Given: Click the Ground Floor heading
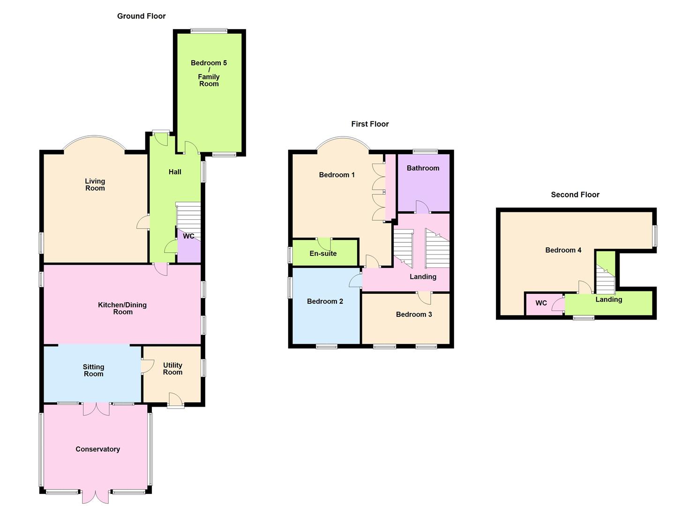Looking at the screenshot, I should click(x=141, y=16).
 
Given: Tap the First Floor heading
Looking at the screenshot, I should click(x=370, y=124).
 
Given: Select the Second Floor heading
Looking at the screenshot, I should click(x=575, y=194).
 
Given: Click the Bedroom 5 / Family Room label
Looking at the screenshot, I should click(x=209, y=73).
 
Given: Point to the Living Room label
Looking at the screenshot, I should click(x=95, y=185).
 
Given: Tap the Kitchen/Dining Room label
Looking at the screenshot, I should click(x=122, y=308).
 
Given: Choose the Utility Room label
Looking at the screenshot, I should click(x=172, y=369).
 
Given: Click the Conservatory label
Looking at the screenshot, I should click(x=97, y=449).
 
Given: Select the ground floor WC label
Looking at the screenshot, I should click(x=188, y=236).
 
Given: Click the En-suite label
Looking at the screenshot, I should click(x=323, y=253).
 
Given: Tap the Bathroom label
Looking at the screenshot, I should click(x=423, y=168).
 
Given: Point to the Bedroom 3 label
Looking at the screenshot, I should click(x=414, y=314).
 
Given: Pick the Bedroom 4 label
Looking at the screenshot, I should click(x=563, y=250).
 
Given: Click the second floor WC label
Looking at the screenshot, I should click(x=541, y=303).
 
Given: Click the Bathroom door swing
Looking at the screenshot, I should click(x=422, y=207).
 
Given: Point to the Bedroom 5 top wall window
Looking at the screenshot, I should click(x=209, y=31).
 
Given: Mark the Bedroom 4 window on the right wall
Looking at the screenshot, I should click(x=655, y=236).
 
